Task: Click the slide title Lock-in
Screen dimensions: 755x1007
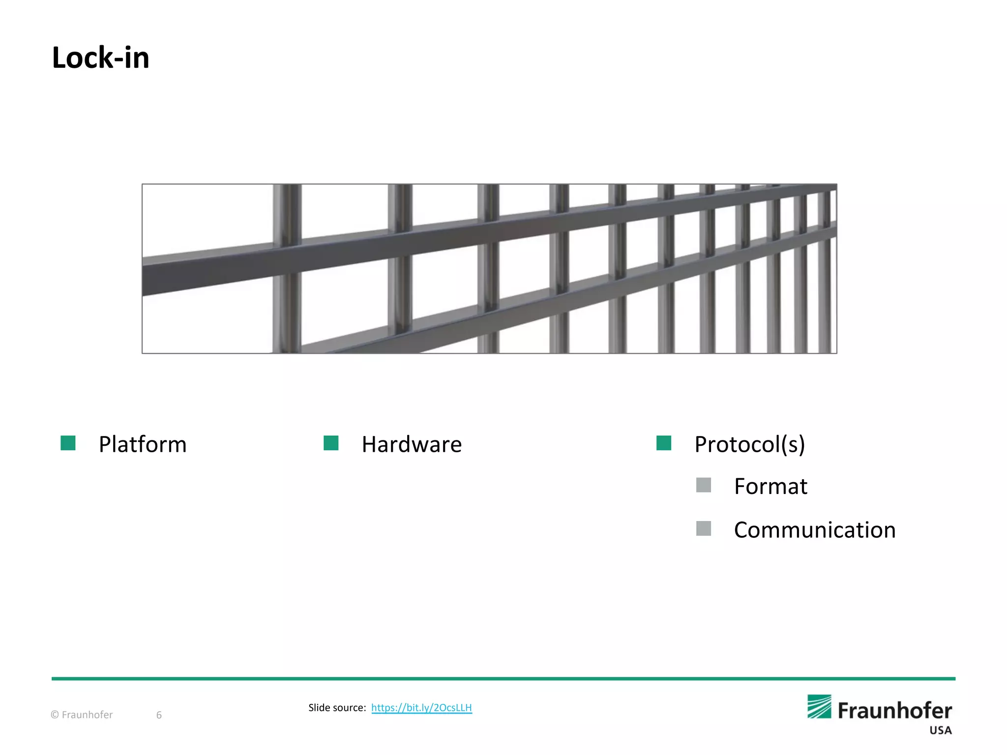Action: click(101, 58)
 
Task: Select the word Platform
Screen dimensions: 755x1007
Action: click(143, 444)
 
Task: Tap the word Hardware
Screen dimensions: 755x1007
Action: click(412, 444)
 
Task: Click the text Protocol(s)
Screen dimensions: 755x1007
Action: click(749, 444)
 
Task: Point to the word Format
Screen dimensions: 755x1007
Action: click(770, 487)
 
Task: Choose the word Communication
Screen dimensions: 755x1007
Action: click(815, 530)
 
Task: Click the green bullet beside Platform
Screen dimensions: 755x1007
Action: click(68, 443)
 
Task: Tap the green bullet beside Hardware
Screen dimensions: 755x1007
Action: click(331, 443)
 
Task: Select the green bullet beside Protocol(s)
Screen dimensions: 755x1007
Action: click(664, 443)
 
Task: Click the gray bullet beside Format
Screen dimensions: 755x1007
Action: click(704, 485)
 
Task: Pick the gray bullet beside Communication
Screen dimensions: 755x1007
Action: click(704, 528)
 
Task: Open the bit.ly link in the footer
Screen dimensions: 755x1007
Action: click(421, 708)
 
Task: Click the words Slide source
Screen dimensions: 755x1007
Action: click(337, 708)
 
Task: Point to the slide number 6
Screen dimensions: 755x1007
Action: click(159, 715)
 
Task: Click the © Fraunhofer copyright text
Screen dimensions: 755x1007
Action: click(82, 715)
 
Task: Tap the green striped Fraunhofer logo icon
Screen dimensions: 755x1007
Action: click(819, 706)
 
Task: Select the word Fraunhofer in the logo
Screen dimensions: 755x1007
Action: click(894, 711)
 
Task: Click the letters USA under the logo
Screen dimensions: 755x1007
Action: click(940, 730)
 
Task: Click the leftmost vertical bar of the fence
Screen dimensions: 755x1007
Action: click(287, 268)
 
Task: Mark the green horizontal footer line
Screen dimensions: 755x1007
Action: click(503, 679)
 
